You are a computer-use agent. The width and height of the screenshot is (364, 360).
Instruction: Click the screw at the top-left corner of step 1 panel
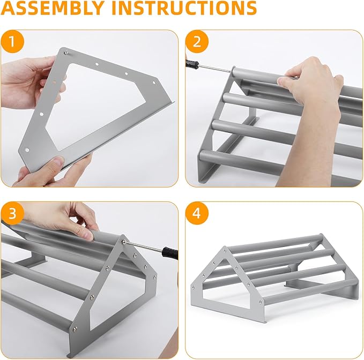click(65, 52)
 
